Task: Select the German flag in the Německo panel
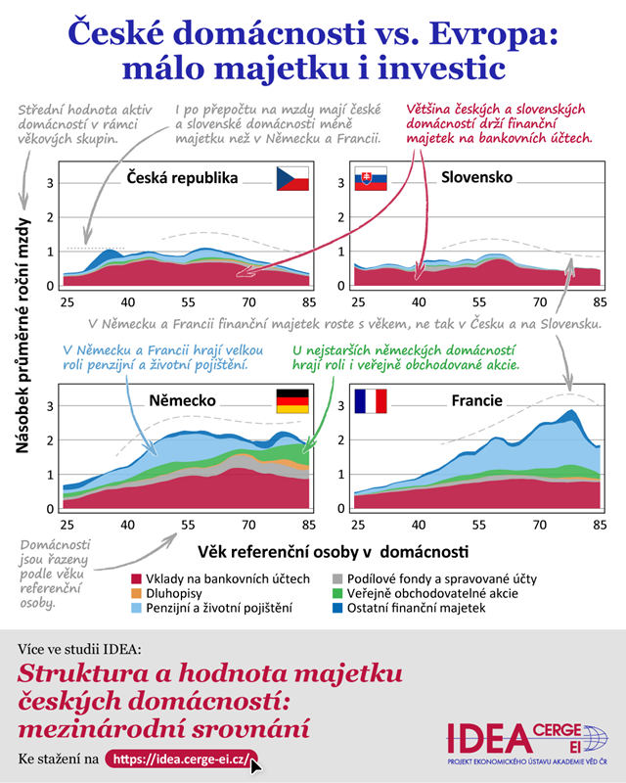point(292,399)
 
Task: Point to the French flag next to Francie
point(371,400)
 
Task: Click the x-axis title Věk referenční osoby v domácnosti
point(333,551)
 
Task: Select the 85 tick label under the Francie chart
point(598,524)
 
